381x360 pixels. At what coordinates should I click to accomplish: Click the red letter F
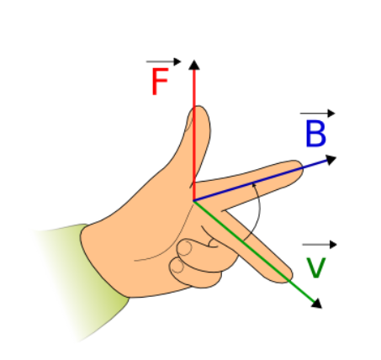(160, 82)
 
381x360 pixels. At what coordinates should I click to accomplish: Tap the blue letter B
(316, 134)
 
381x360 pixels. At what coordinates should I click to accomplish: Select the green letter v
(316, 268)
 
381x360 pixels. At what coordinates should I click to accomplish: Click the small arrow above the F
(164, 61)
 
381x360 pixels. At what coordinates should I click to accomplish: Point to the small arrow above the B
(318, 114)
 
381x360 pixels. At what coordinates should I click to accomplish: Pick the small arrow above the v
(320, 245)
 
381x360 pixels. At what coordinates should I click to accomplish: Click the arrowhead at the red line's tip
(194, 65)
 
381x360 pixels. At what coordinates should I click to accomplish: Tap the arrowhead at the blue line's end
(331, 160)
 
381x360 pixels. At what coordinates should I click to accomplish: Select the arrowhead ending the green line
(317, 304)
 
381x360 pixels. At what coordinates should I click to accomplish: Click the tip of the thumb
(198, 106)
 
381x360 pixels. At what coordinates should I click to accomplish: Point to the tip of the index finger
(302, 167)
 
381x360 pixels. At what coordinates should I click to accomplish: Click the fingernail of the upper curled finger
(184, 248)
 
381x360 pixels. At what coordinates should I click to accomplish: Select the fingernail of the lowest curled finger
(177, 266)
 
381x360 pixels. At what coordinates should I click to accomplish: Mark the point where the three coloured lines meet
(193, 201)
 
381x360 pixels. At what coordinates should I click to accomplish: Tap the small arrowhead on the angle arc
(254, 184)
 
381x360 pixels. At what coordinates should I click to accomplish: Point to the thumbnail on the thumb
(189, 120)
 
